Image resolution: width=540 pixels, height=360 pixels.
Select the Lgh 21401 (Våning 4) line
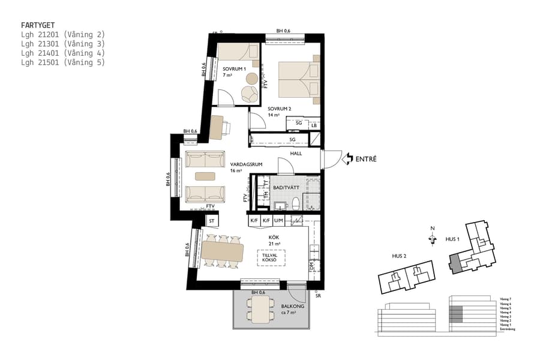pyautogui.click(x=62, y=53)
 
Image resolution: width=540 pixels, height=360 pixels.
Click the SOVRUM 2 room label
pyautogui.click(x=279, y=109)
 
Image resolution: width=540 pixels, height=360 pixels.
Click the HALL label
pyautogui.click(x=295, y=154)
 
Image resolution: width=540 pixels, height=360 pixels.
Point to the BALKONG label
pyautogui.click(x=293, y=307)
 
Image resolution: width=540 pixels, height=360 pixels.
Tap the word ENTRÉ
pyautogui.click(x=367, y=159)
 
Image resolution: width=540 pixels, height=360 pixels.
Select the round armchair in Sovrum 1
pyautogui.click(x=248, y=93)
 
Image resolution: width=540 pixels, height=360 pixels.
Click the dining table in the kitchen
pyautogui.click(x=224, y=251)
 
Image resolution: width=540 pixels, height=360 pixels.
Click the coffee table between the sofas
pyautogui.click(x=205, y=176)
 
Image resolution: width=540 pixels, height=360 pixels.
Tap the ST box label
pyautogui.click(x=211, y=221)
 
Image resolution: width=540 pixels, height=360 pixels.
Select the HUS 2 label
pyautogui.click(x=399, y=256)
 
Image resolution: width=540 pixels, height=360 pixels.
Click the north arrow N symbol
pyautogui.click(x=432, y=238)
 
